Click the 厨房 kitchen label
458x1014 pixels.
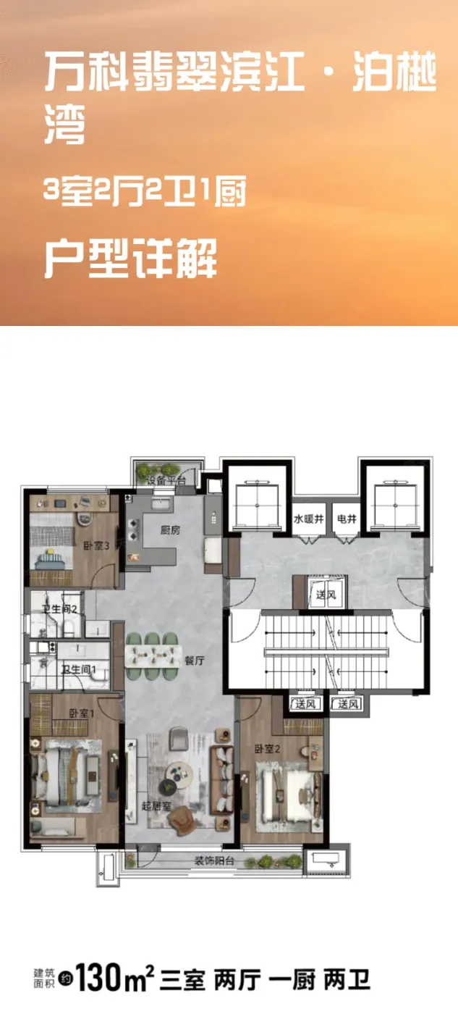pos(170,530)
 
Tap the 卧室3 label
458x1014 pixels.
pos(96,546)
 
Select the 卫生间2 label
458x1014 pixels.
pos(59,609)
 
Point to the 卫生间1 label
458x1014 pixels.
pos(78,669)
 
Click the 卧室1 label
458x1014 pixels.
pos(81,714)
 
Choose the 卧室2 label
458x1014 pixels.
pos(267,749)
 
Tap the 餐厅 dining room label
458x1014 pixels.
pos(195,661)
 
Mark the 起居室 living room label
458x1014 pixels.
pos(156,805)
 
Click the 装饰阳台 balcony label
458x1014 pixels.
pos(214,860)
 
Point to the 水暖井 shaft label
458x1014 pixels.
pos(309,519)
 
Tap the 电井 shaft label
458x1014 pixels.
pos(347,519)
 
